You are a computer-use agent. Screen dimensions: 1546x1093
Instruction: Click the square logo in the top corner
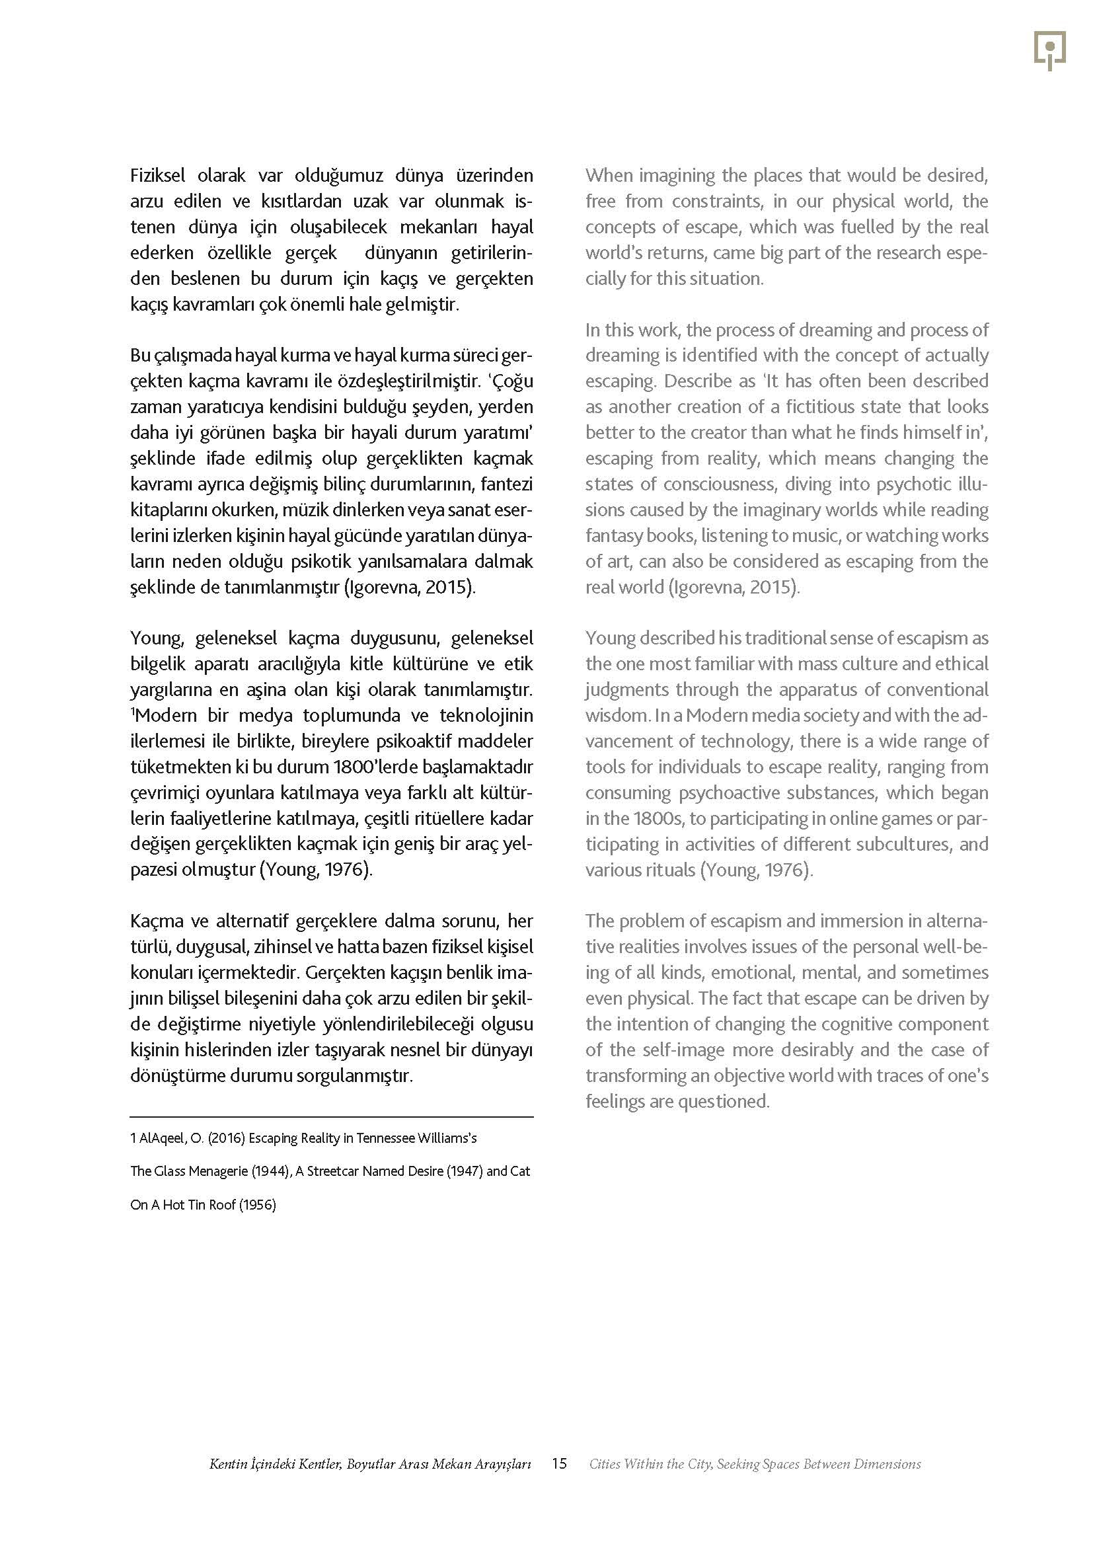coord(1049,50)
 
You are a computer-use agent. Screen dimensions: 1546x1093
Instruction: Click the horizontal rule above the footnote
coord(331,1117)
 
